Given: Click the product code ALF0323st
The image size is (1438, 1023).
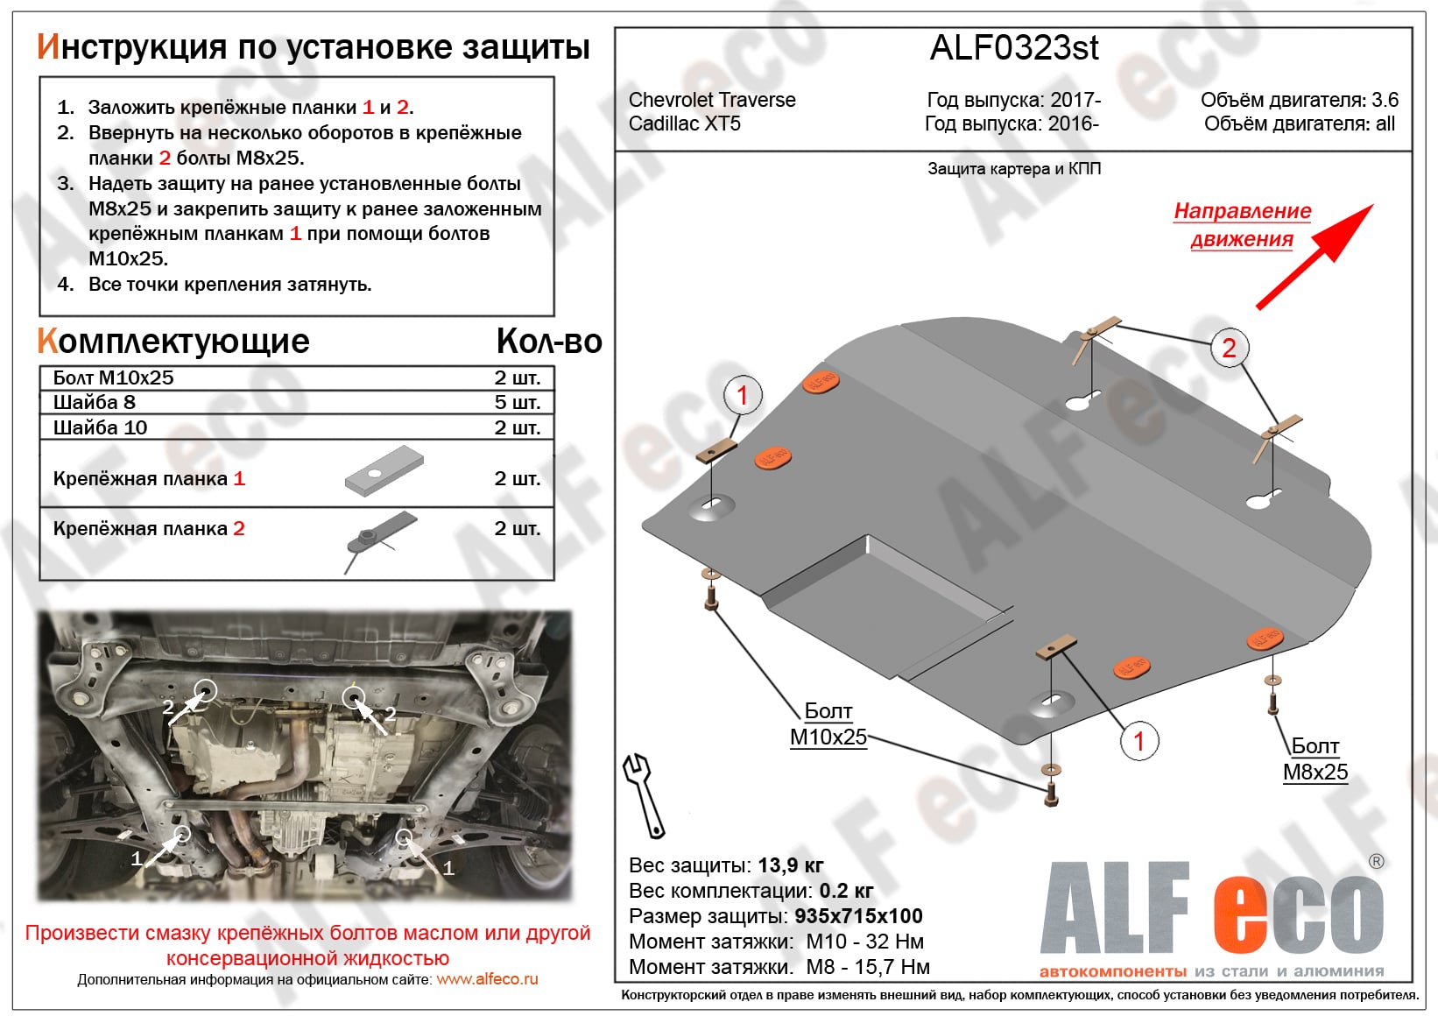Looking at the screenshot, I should (1013, 48).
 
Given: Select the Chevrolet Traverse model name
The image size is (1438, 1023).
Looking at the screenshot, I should (712, 100).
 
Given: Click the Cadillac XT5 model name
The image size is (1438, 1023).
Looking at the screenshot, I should (684, 123).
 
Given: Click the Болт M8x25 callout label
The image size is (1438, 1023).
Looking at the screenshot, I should (1315, 759).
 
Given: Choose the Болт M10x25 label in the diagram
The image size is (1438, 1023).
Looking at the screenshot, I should (828, 724).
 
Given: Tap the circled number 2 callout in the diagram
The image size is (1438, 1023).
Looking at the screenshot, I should (1229, 349).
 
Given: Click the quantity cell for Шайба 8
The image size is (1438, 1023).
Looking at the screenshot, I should (517, 402).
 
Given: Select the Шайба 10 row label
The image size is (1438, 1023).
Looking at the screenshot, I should (100, 427).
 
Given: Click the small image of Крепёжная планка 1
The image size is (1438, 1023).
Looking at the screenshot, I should (384, 471).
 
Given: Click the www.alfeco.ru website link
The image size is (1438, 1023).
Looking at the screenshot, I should (487, 979).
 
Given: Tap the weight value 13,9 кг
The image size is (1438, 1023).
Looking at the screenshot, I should (790, 865).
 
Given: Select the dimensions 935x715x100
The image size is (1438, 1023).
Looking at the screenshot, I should (858, 916).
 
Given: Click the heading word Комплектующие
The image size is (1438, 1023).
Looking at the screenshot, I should (173, 341).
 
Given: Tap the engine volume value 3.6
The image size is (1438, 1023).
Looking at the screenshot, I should (1385, 100).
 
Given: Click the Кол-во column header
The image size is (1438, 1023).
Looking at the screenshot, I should (548, 341).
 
